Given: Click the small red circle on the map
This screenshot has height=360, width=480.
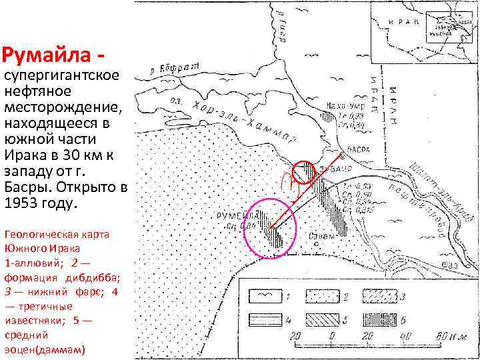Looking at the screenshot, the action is [304, 171].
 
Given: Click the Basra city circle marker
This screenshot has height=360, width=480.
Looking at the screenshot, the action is [342, 155].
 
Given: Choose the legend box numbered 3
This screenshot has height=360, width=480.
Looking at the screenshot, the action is [379, 294].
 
